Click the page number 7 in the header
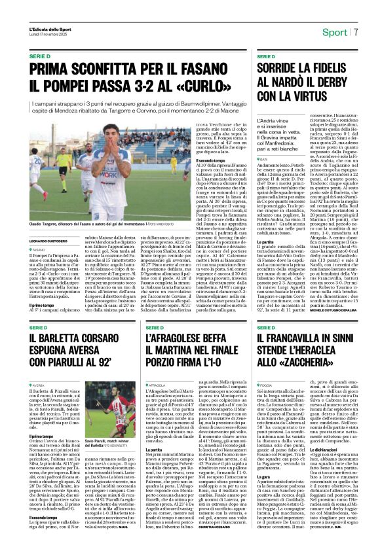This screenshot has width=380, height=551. click(356, 31)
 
